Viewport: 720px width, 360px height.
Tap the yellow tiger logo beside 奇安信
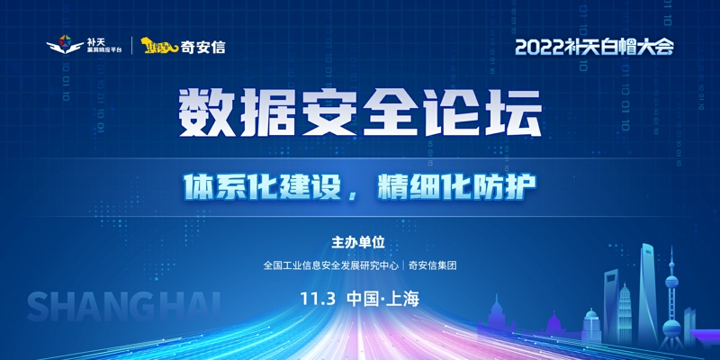[x=159, y=46]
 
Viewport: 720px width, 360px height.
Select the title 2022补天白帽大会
[x=594, y=47]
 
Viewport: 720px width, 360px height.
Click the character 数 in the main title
[x=202, y=113]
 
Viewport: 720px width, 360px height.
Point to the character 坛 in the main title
[x=517, y=113]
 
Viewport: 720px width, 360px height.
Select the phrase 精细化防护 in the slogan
[x=457, y=186]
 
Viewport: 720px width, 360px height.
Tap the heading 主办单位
[x=358, y=243]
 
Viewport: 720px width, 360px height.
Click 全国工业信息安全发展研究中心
[x=330, y=265]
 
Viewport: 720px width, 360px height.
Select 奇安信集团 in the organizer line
[x=432, y=265]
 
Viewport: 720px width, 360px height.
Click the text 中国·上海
[x=383, y=300]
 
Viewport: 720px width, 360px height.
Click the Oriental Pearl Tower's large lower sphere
[x=671, y=328]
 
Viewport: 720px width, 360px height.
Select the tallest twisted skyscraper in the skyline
[x=648, y=295]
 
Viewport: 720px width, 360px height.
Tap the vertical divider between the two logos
[x=132, y=46]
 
